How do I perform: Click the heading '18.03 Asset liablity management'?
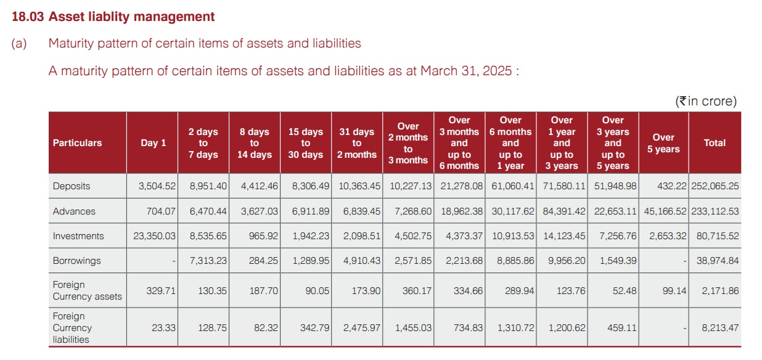(x=113, y=17)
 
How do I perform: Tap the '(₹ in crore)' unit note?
(x=706, y=101)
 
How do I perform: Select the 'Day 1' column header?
(x=153, y=142)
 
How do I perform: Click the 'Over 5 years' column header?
(x=663, y=143)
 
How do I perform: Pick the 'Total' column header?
(x=715, y=142)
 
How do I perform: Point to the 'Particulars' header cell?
(x=78, y=142)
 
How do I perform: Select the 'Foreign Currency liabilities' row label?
(x=72, y=328)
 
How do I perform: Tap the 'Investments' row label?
(x=78, y=236)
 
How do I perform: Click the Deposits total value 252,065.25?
(x=714, y=186)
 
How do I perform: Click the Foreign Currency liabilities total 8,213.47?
(x=720, y=328)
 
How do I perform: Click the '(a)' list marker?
(x=19, y=44)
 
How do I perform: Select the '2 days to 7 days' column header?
(x=203, y=143)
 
